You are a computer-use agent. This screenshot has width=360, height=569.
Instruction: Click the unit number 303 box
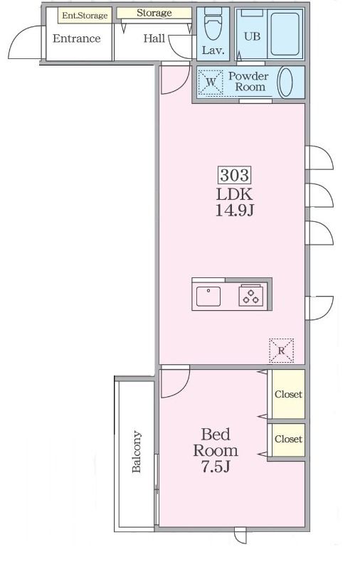pos(235,175)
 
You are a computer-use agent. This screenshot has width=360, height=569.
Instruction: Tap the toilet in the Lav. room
pos(213,24)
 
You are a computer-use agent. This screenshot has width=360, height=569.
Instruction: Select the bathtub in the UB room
pos(285,33)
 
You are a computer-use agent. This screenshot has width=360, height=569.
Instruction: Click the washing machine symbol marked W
pos(210,83)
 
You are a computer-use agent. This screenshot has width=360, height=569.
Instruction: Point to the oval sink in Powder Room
pos(285,83)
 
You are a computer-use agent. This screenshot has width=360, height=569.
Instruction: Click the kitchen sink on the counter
pos(208,296)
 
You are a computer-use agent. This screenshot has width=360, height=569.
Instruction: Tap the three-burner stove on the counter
pos(250,296)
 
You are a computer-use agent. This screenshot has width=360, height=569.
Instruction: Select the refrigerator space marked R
pos(281,351)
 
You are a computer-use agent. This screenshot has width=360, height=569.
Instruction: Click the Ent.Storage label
pos(85,16)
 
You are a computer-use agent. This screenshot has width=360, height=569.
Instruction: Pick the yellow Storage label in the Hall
pos(154,14)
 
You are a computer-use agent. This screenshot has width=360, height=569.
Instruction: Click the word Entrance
pos(77,38)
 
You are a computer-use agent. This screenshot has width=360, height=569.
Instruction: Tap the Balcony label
pos(137,452)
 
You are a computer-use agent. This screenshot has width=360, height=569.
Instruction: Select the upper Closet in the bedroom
pos(288,394)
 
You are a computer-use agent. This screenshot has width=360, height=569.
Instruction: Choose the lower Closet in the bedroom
pos(288,439)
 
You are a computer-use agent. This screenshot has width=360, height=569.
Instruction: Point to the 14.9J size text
pos(235,211)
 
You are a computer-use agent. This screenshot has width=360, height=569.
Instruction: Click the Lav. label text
pos(213,50)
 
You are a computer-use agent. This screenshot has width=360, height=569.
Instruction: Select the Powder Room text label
pos(249,82)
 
